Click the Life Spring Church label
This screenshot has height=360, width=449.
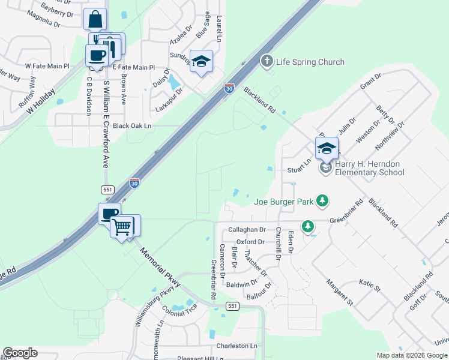coord(310,62)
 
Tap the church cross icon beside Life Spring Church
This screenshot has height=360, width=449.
coord(267,61)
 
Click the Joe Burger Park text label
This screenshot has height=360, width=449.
coord(283,201)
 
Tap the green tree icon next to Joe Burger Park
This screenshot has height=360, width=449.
coord(323,200)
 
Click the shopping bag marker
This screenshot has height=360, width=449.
coord(95,20)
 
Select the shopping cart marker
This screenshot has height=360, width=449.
coord(122,227)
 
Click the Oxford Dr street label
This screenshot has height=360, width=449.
coord(250,242)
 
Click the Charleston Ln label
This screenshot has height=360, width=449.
coord(237,346)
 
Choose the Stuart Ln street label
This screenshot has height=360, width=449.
coord(298,161)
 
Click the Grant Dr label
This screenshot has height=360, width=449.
coord(371,83)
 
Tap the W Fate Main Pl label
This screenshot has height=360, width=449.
coord(47,67)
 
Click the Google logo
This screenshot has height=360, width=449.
coord(20,353)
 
